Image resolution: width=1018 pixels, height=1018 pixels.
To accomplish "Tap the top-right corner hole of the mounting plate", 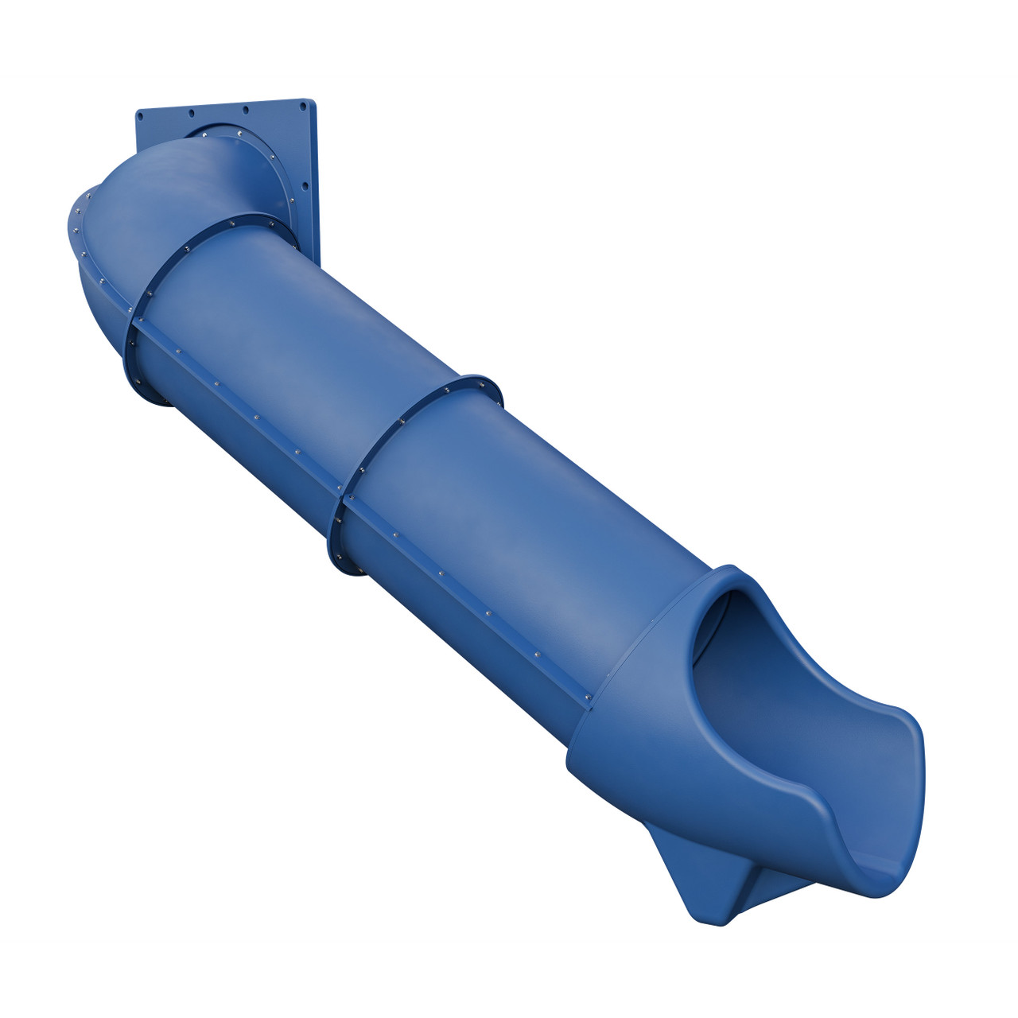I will click(x=303, y=103).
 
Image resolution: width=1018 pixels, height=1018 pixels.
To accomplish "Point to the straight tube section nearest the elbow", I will click(x=294, y=334).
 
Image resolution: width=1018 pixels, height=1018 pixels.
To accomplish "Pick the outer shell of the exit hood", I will click(x=636, y=716).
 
